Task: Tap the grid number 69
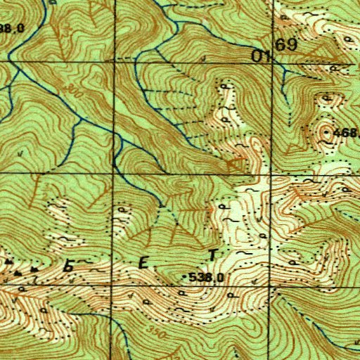(x=287, y=45)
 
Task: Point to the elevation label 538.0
(x=207, y=278)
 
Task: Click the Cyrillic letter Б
(x=69, y=265)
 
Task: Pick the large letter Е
(x=143, y=264)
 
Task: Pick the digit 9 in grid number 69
(x=292, y=45)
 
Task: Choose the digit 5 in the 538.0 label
(x=193, y=278)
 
